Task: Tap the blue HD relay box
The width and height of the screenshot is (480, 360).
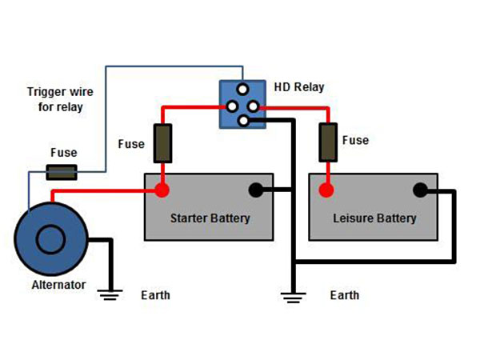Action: click(242, 105)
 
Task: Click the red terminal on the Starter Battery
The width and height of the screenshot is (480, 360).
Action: click(162, 190)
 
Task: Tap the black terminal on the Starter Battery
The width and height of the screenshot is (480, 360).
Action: click(256, 190)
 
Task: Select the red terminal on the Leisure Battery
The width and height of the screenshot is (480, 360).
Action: click(326, 190)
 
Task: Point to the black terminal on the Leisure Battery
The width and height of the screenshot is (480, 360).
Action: click(419, 190)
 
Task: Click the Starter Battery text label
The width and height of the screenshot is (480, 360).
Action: click(210, 218)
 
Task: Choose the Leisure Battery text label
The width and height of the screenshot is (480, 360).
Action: click(374, 218)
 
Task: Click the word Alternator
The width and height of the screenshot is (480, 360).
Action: click(58, 285)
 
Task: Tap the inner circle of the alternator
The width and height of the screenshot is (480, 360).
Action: click(50, 238)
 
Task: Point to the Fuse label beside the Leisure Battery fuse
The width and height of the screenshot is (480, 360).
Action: click(355, 140)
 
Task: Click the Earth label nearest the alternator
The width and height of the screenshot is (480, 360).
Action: click(155, 295)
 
